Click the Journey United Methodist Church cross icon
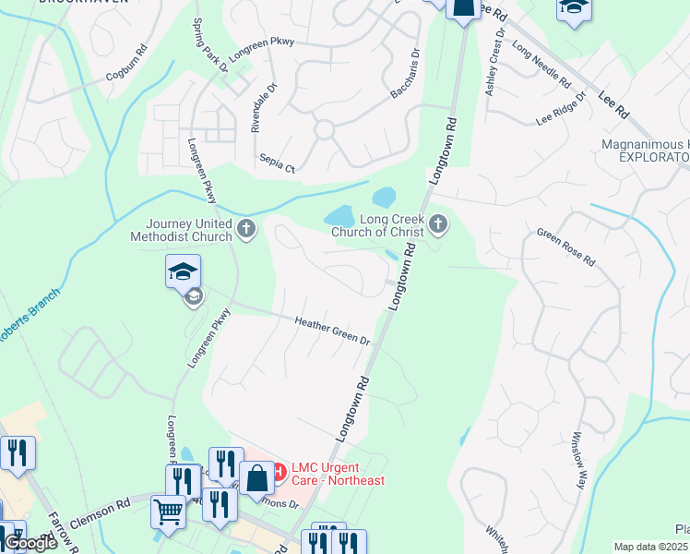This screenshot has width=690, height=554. point(245,230)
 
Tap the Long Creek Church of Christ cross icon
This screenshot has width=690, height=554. point(438,223)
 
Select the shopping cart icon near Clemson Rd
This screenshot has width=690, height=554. point(168,510)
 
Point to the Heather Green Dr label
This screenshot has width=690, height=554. point(332,331)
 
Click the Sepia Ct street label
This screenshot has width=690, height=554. point(277,164)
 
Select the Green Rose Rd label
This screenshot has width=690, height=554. point(565,247)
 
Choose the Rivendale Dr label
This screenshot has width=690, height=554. point(259,110)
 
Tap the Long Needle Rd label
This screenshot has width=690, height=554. point(541,65)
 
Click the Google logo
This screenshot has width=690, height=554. point(30,544)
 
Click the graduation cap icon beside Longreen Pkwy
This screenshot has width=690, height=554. point(183,271)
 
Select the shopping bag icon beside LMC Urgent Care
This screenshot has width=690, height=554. point(258,477)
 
